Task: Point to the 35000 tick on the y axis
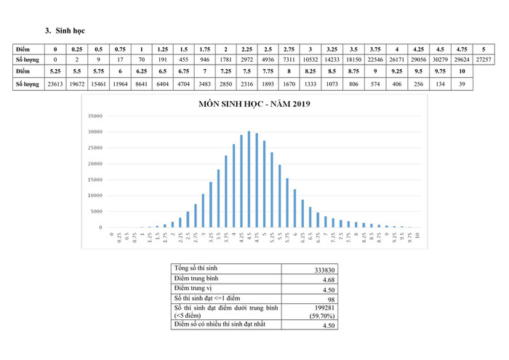pos(95,116)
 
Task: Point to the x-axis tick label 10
pos(417,237)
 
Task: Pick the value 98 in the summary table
pos(329,299)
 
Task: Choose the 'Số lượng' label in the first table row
pos(27,58)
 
